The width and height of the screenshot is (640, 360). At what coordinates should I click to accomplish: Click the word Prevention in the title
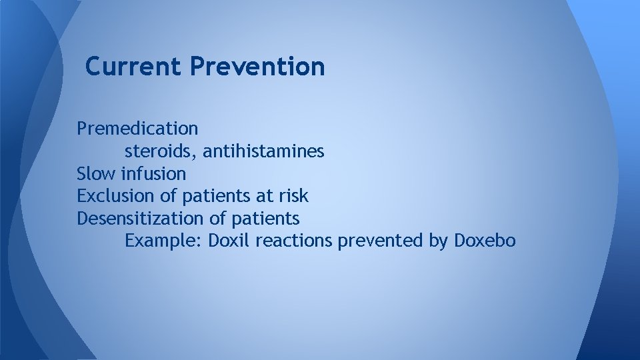click(x=257, y=67)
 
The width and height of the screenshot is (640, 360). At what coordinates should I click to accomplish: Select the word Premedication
click(x=137, y=128)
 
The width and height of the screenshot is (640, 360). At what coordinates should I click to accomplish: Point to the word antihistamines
click(x=263, y=152)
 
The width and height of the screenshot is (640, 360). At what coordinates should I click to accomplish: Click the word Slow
click(x=96, y=174)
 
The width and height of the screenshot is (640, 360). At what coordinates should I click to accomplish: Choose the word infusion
click(x=153, y=174)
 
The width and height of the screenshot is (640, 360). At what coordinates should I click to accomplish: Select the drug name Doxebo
click(x=485, y=240)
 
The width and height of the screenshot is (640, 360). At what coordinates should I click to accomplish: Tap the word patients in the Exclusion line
click(x=215, y=197)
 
